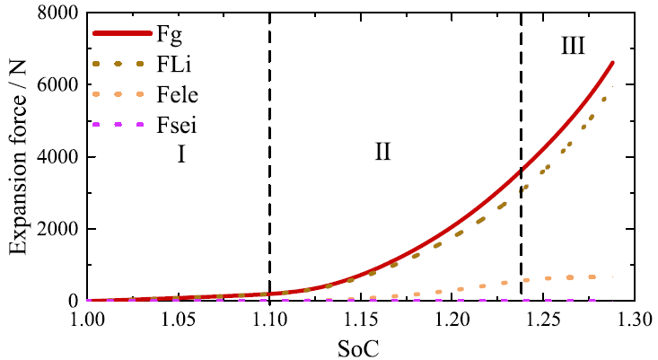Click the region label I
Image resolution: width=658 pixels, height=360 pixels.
[x=180, y=155]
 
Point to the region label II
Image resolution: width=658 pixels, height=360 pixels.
[x=383, y=153]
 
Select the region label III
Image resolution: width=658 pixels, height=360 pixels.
[x=573, y=46]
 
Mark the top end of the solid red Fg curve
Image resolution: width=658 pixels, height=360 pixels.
[x=613, y=62]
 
